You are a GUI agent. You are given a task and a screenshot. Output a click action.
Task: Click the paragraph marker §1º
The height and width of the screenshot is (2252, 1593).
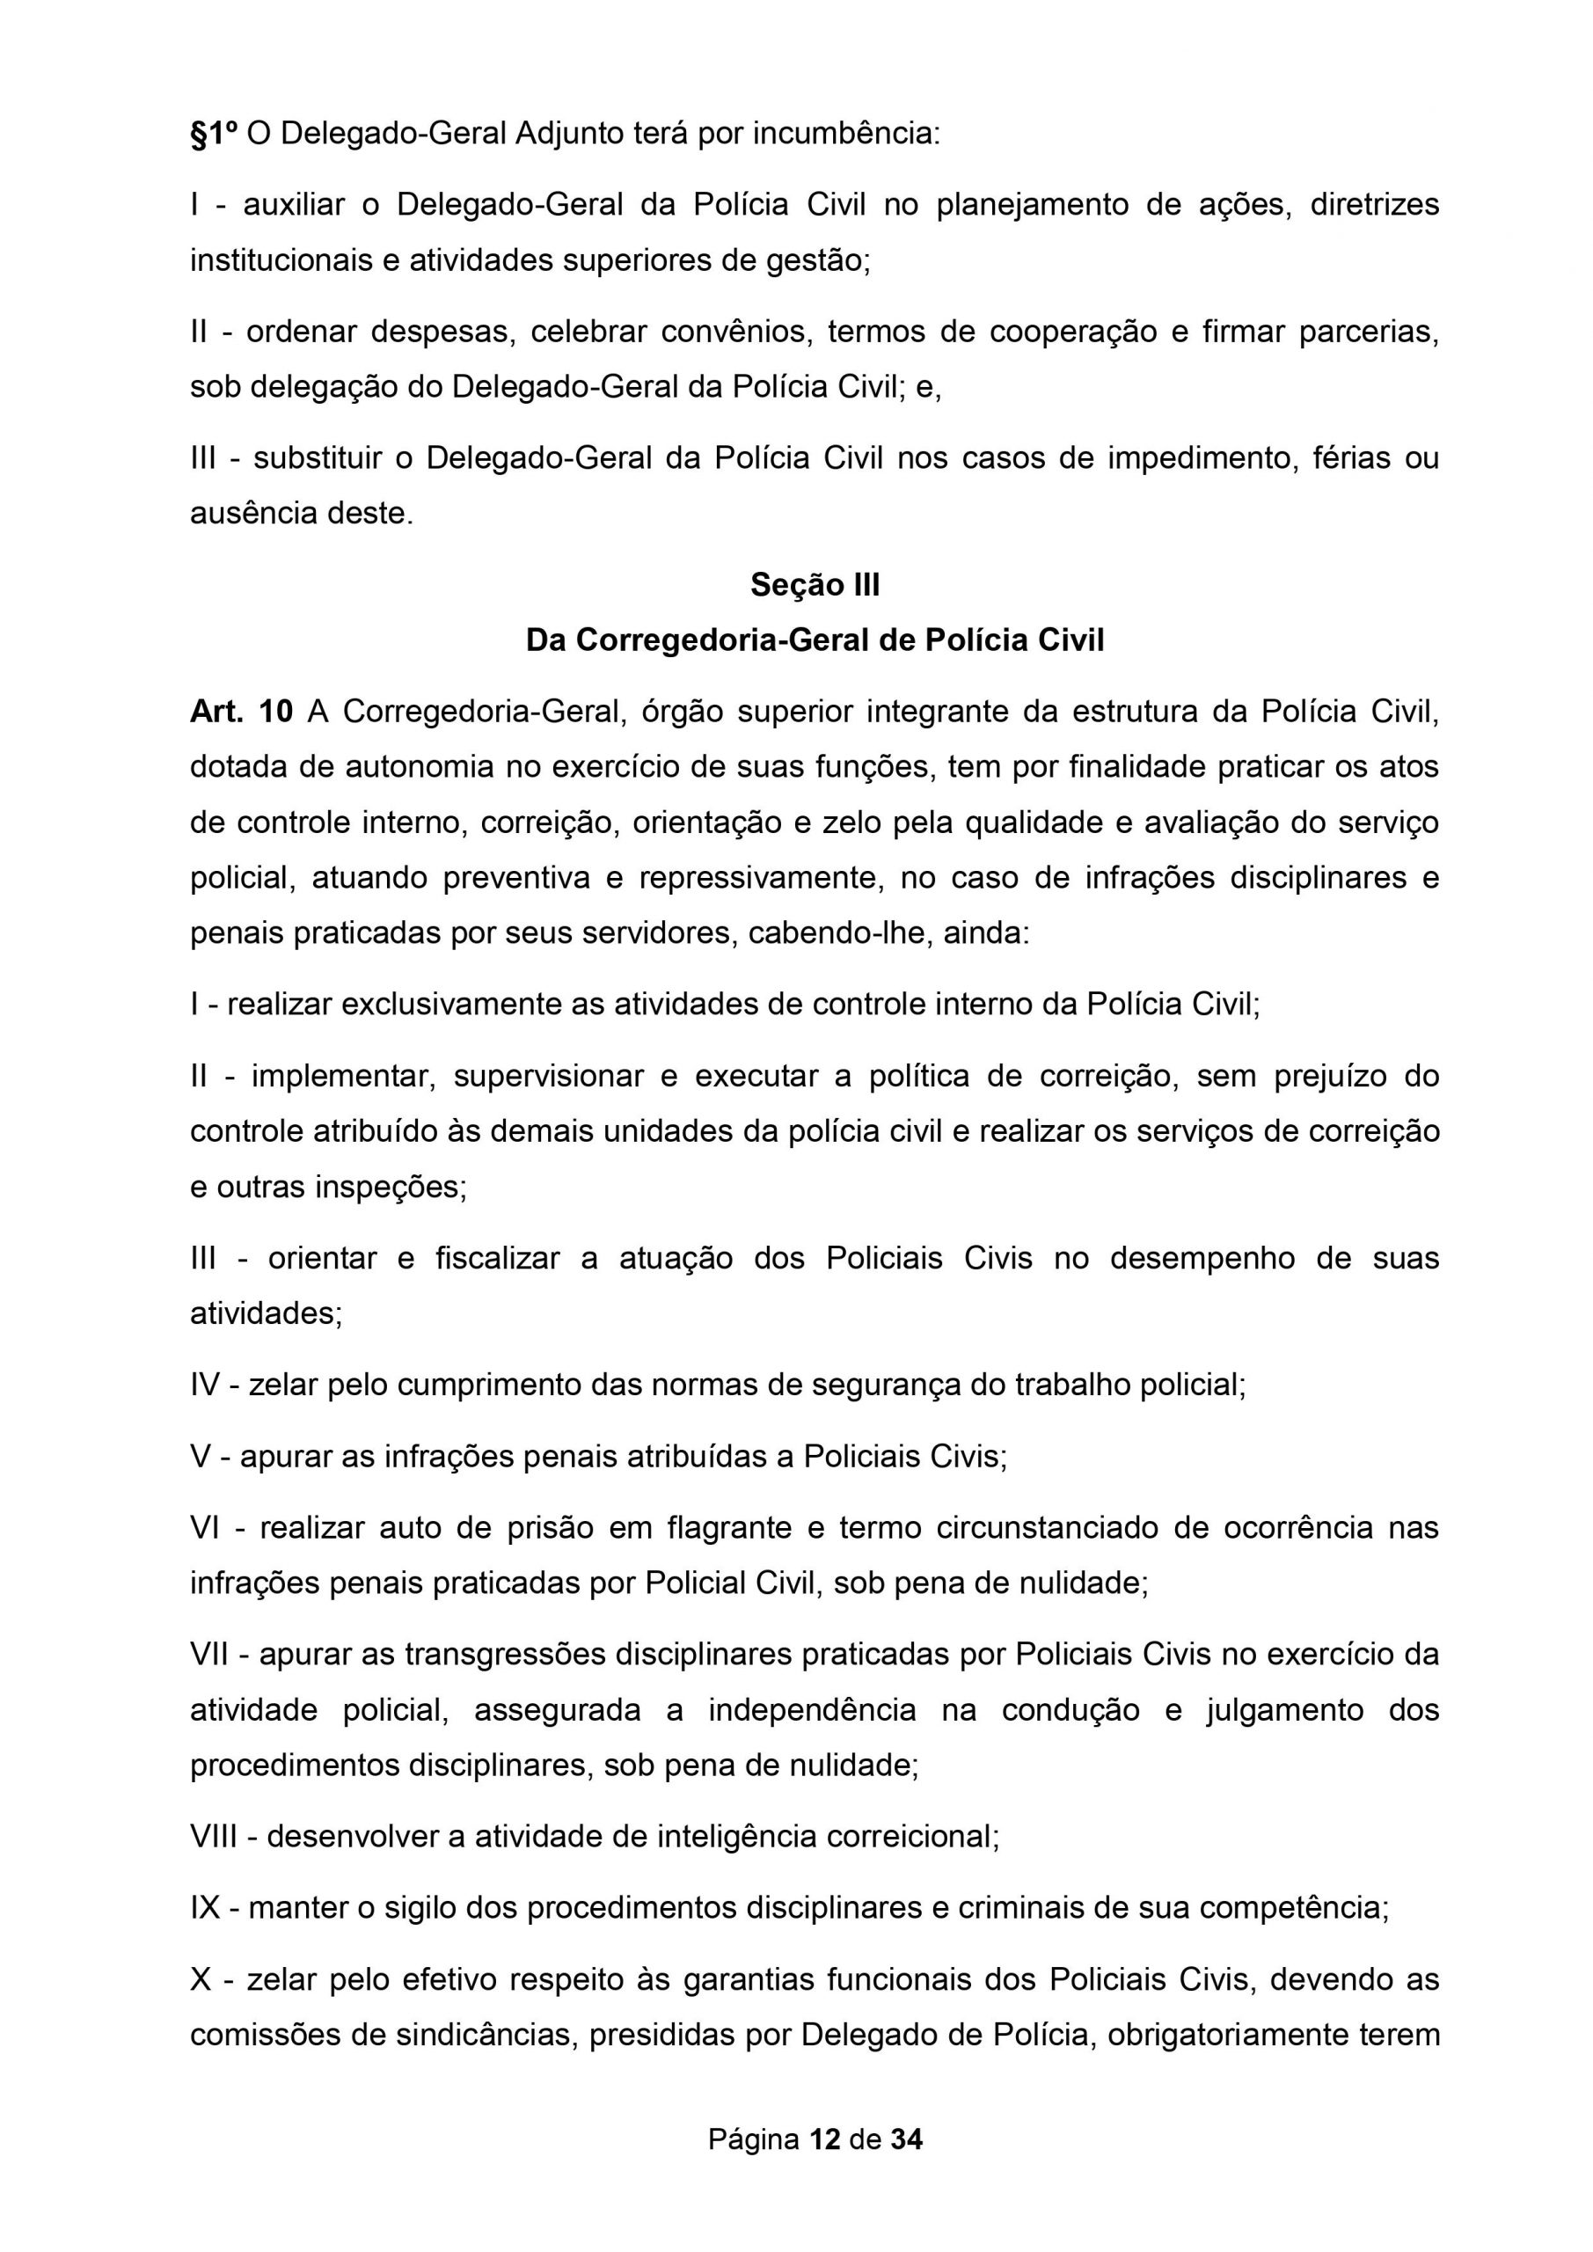point(213,134)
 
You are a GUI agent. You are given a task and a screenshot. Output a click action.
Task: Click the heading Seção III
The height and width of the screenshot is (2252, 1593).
point(815,586)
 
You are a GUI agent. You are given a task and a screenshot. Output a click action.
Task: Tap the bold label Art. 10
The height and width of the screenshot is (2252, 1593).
point(241,711)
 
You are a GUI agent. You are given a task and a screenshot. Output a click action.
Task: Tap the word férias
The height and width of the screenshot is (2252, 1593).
point(1346,458)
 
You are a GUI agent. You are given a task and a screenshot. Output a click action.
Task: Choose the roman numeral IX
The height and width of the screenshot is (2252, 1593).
point(205,1908)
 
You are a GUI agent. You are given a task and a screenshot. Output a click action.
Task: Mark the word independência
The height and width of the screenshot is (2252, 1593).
point(812,1711)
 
